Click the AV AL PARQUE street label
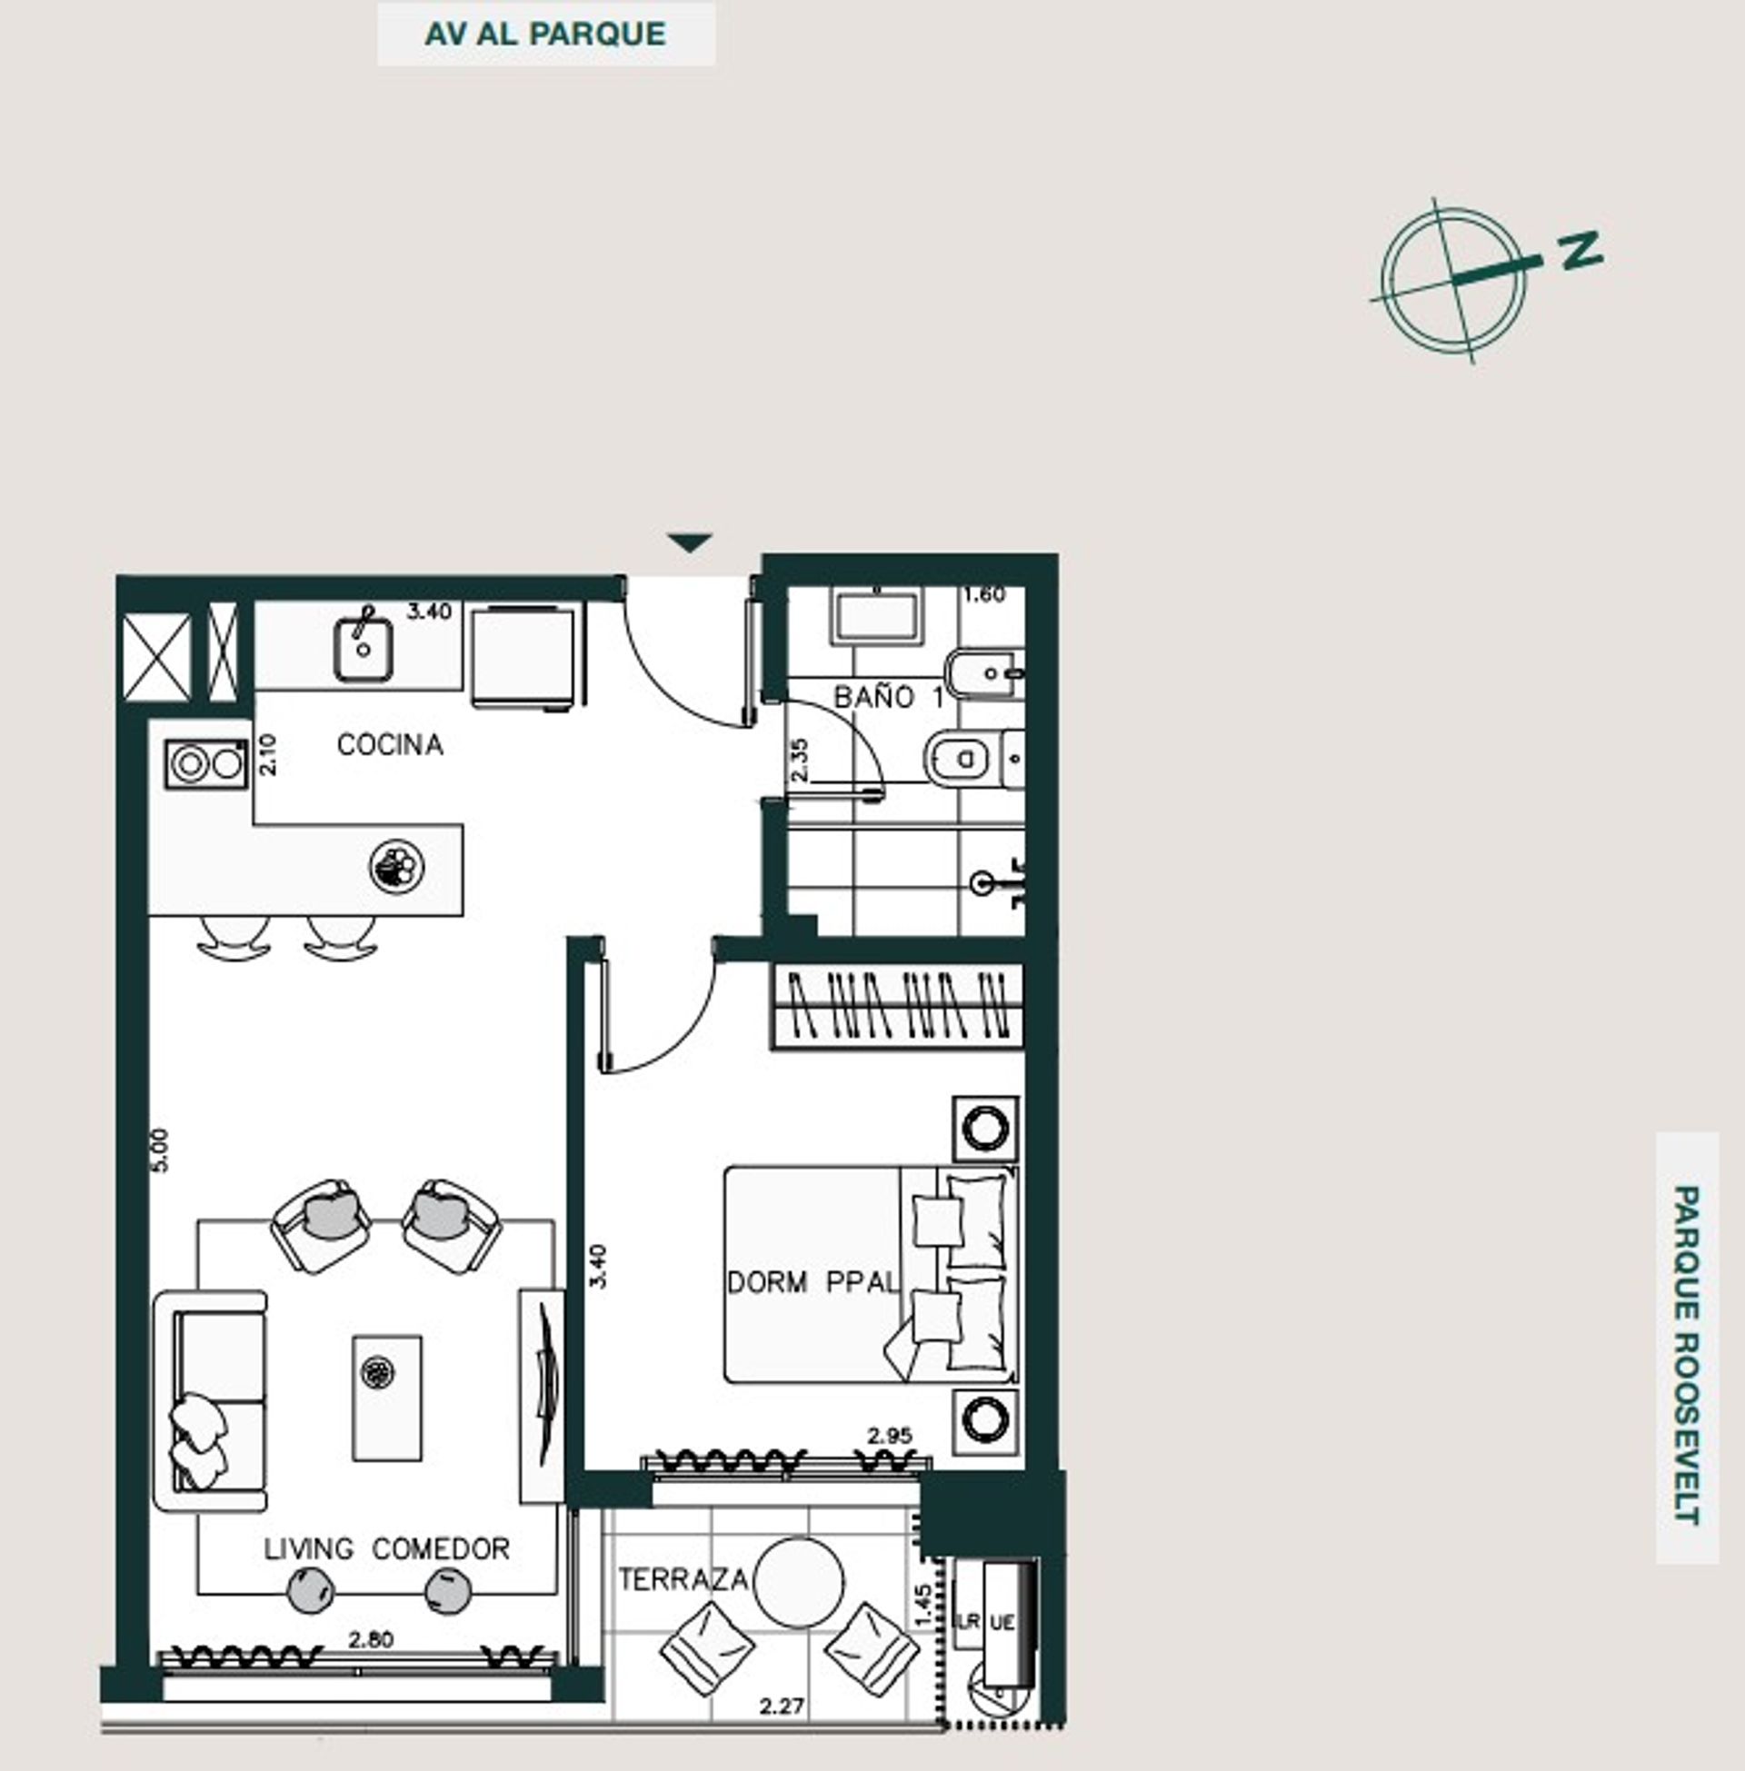[545, 34]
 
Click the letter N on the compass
[1580, 249]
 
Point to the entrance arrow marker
[690, 542]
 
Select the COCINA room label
[391, 745]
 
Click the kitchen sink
[363, 650]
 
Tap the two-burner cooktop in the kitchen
[207, 764]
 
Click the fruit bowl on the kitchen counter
[397, 865]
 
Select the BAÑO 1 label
[887, 697]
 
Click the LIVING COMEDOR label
[387, 1548]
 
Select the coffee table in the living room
[388, 1398]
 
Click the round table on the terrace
[798, 1582]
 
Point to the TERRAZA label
[683, 1579]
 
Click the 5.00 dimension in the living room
[160, 1149]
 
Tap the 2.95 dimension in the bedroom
[890, 1436]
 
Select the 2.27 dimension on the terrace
[782, 1706]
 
